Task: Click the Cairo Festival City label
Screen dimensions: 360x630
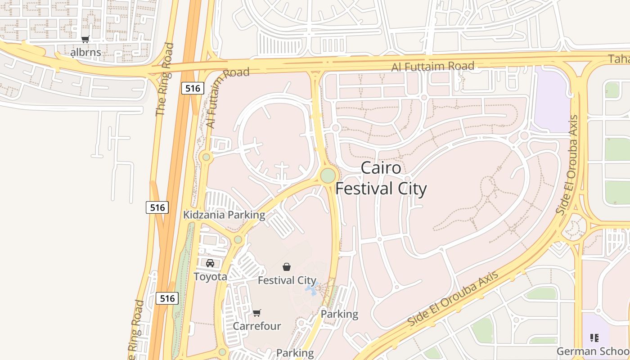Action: [x=381, y=178]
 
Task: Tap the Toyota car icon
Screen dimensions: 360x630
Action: [x=210, y=263]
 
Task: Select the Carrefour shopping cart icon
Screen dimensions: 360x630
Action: [x=257, y=313]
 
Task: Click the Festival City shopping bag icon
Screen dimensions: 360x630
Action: [x=286, y=267]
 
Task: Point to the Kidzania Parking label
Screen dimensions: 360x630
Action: [x=224, y=215]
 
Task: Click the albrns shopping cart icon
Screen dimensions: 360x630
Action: [x=85, y=40]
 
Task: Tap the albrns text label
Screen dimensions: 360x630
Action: [x=85, y=53]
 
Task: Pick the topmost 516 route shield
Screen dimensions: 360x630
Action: [x=193, y=88]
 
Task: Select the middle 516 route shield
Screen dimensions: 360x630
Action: [x=157, y=207]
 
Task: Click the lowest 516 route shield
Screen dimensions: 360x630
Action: [x=167, y=298]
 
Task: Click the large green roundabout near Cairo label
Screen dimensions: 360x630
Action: [x=328, y=175]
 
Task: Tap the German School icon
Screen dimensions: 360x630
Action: [x=594, y=337]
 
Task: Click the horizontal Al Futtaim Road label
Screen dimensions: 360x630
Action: [x=432, y=67]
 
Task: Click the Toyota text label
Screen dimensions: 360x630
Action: [x=210, y=276]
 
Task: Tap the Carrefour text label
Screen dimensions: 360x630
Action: [x=257, y=326]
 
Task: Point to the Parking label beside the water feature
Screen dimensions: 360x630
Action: [x=339, y=314]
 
